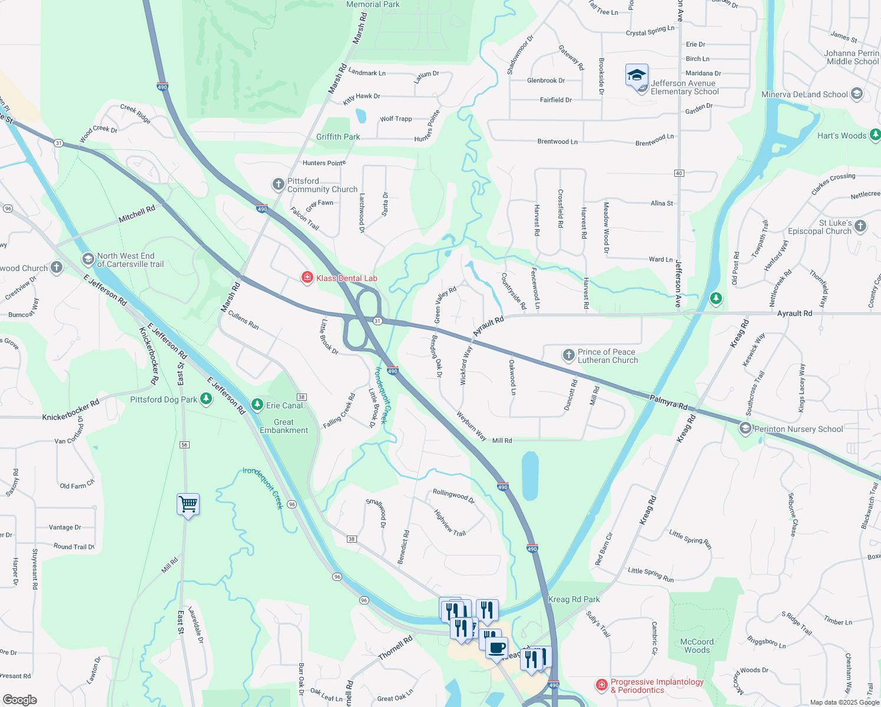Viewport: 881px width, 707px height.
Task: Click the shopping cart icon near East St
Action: (188, 504)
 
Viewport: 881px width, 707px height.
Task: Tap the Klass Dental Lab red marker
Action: (307, 277)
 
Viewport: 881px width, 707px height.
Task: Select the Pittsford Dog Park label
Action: (164, 399)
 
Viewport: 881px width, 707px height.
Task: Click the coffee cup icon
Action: (497, 647)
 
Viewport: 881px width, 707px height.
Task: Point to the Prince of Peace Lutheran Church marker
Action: (568, 355)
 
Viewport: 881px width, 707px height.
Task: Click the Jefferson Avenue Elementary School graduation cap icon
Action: (637, 76)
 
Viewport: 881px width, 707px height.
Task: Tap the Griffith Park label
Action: (338, 137)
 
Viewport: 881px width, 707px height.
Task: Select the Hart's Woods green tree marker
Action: (875, 135)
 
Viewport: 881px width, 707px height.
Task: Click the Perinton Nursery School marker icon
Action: (746, 428)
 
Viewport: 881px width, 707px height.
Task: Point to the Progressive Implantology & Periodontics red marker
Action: (601, 685)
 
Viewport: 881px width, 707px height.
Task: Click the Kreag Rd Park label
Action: (574, 599)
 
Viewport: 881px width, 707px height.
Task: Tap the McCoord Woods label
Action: (697, 646)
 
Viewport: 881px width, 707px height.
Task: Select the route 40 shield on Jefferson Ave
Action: (679, 173)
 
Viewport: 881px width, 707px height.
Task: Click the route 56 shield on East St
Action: (184, 445)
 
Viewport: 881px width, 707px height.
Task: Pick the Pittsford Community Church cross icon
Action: (278, 184)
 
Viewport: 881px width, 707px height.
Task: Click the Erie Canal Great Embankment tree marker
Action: (257, 405)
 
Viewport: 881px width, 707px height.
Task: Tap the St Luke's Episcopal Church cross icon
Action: (860, 226)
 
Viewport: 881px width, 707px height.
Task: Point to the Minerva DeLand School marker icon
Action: (857, 94)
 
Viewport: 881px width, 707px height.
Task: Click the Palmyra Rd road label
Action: (668, 403)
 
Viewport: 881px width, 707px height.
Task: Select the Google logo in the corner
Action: (19, 700)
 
